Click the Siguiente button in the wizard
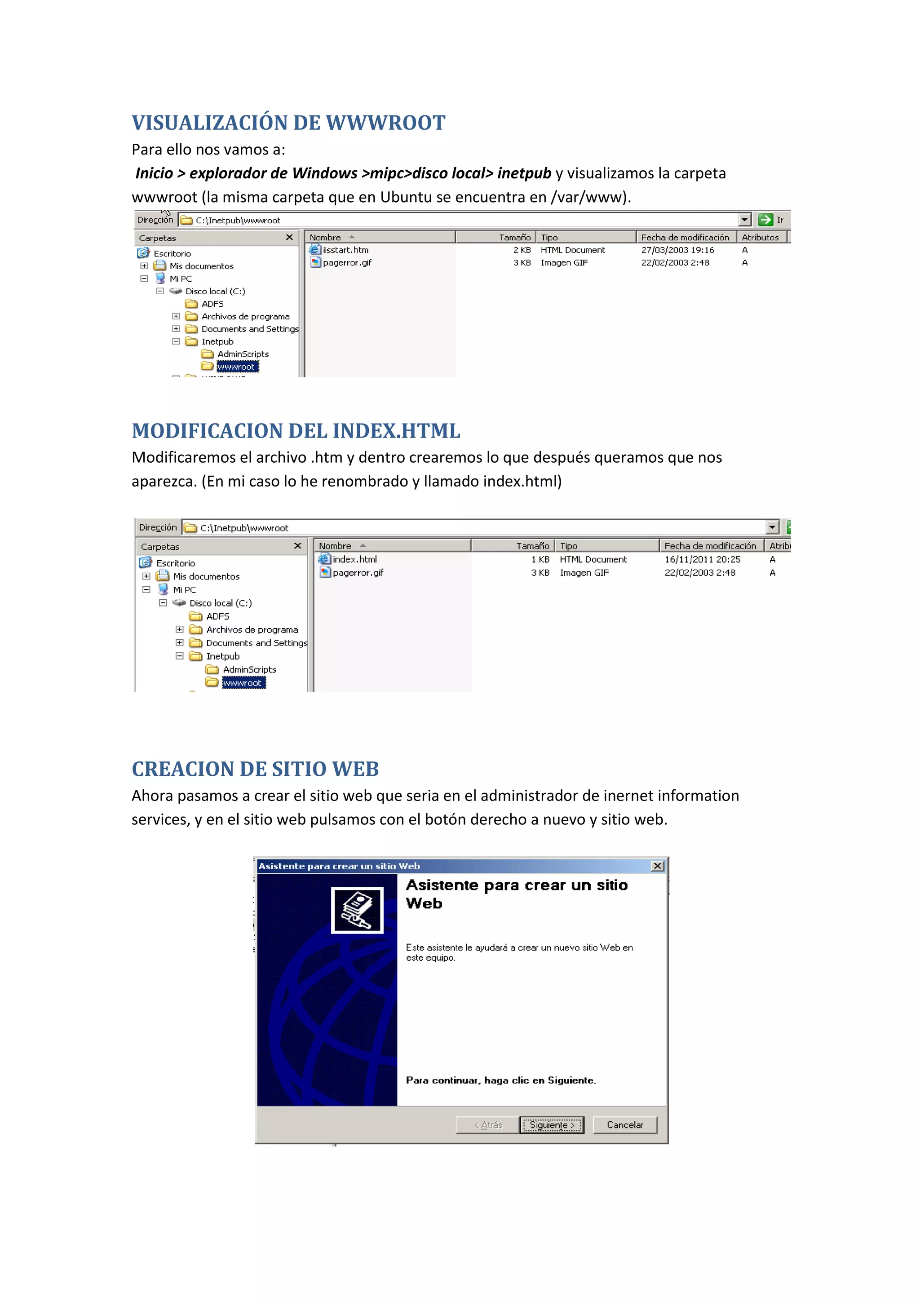click(x=552, y=1125)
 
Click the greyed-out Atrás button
click(x=488, y=1125)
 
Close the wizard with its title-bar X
click(x=657, y=866)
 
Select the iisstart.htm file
click(x=345, y=250)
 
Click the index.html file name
click(x=354, y=559)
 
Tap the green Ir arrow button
click(x=765, y=220)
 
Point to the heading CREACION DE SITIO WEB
click(x=255, y=769)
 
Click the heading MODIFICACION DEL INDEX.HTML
click(x=296, y=431)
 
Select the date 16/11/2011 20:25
click(x=703, y=559)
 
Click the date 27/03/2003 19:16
click(x=677, y=250)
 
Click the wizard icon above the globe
click(x=357, y=909)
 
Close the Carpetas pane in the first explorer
click(x=289, y=237)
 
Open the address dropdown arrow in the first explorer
click(x=744, y=220)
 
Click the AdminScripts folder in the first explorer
click(x=243, y=354)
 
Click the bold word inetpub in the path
click(x=524, y=173)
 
